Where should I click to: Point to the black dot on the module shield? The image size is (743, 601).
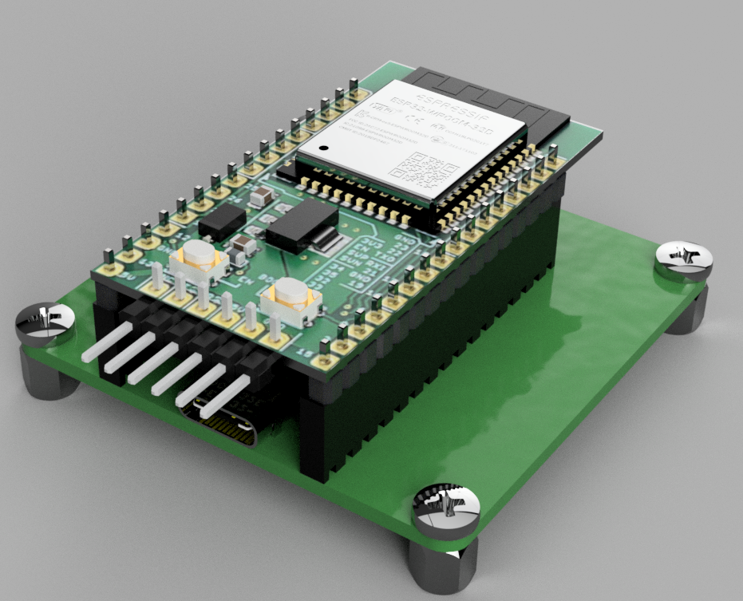point(323,149)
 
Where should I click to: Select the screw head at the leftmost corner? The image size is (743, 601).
point(45,324)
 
